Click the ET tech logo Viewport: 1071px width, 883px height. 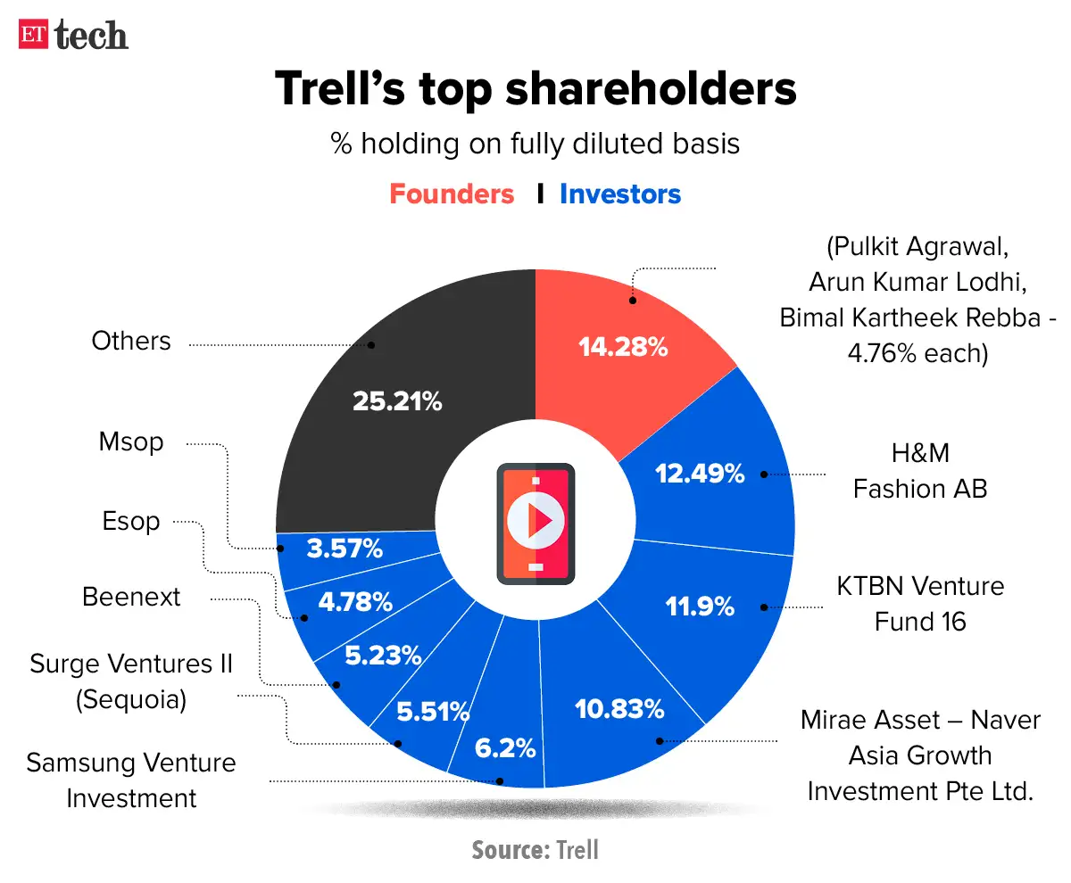click(x=73, y=35)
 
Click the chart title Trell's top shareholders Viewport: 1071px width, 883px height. click(x=535, y=90)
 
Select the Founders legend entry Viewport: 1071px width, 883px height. click(x=452, y=194)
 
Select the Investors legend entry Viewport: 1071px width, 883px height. click(x=620, y=194)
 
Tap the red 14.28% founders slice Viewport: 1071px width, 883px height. click(x=623, y=346)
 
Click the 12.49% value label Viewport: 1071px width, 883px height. click(x=699, y=475)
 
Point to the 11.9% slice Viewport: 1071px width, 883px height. click(x=700, y=607)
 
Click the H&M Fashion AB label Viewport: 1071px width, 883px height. click(x=919, y=471)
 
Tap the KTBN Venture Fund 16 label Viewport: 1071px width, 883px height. click(x=919, y=603)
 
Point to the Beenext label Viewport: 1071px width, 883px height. click(x=131, y=597)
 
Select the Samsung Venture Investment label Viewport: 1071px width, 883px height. click(x=131, y=780)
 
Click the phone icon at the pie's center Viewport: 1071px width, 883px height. click(x=535, y=523)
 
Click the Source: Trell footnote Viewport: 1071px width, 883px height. click(x=535, y=850)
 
